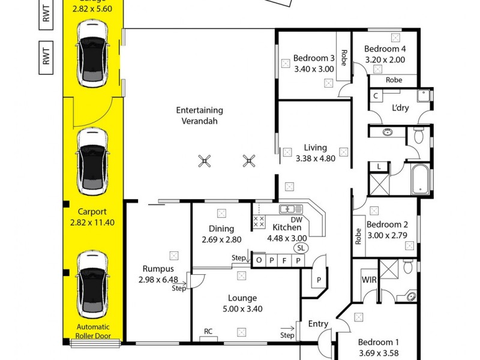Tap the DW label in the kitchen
pos(296,220)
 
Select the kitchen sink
pos(291,209)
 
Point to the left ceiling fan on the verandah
pos(205,160)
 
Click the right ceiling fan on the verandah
pos(249,160)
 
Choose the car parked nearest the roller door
pos(93,285)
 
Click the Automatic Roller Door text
pos(93,331)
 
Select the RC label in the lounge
pos(208,331)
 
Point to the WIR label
pos(368,280)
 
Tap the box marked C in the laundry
pos(376,95)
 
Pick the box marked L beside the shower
pos(379,166)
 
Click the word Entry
pos(318,324)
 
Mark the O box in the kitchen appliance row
pos(259,260)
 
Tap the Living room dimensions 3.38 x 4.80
pos(315,158)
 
